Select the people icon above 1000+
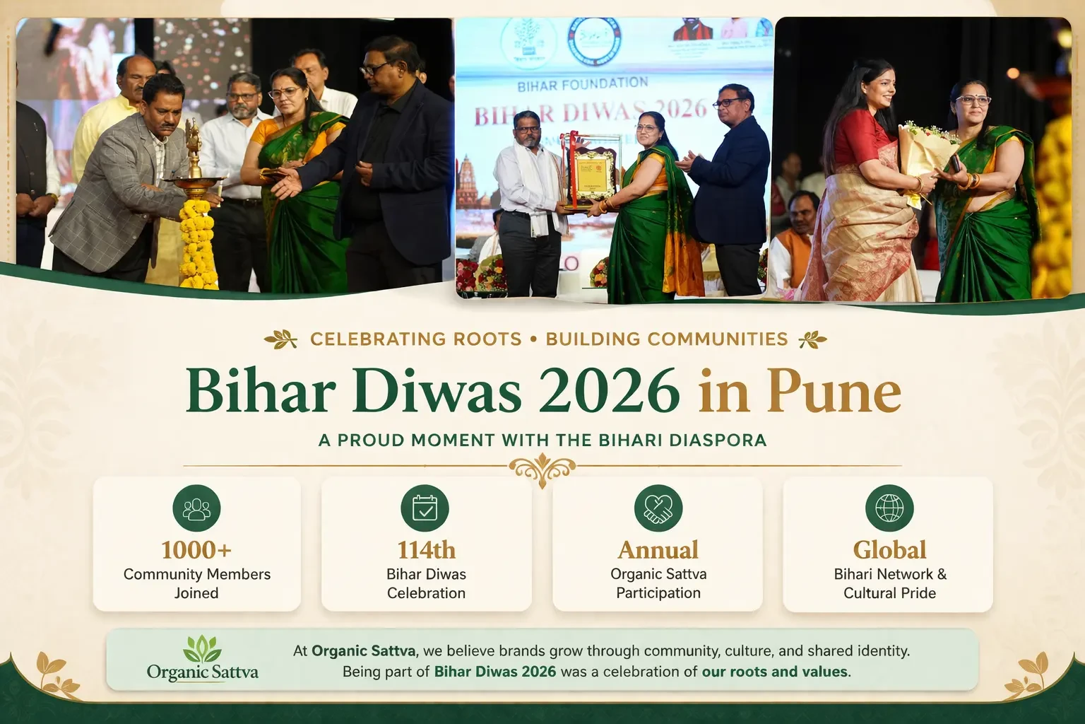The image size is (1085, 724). [196, 508]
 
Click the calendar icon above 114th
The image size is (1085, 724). [425, 508]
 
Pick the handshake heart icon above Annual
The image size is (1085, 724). [658, 508]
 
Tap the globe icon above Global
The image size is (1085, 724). [889, 508]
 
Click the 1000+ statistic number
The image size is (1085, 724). [196, 550]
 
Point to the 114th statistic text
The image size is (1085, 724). [426, 550]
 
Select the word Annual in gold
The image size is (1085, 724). [658, 550]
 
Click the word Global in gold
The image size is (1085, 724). [889, 550]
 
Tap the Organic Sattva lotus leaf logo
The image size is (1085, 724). [202, 648]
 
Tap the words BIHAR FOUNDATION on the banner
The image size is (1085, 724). [583, 86]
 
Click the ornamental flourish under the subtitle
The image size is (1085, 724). [542, 468]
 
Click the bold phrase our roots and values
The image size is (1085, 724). [774, 672]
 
